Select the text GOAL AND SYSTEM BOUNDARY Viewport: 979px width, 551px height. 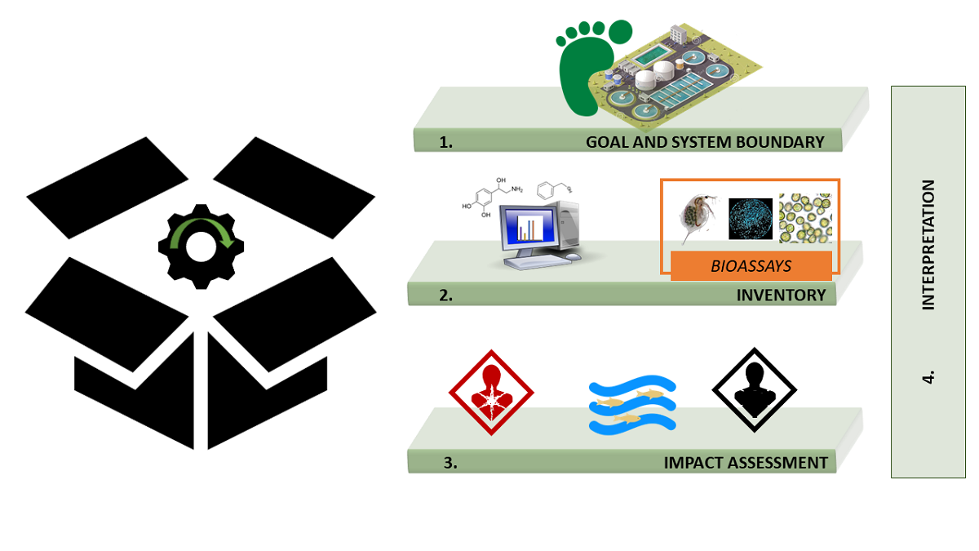pos(705,142)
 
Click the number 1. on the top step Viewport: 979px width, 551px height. pos(445,142)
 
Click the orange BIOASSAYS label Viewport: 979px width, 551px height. pos(751,266)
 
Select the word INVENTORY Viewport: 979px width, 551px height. pos(782,295)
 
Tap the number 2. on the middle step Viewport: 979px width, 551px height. pos(445,295)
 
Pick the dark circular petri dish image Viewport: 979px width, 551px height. pos(750,218)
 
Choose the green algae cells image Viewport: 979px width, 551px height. pos(805,218)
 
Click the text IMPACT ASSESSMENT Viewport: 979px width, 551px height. pos(746,463)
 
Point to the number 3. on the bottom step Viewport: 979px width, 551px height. pos(450,463)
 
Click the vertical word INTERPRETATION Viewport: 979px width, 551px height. pos(928,245)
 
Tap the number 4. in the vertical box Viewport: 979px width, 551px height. pos(928,378)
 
